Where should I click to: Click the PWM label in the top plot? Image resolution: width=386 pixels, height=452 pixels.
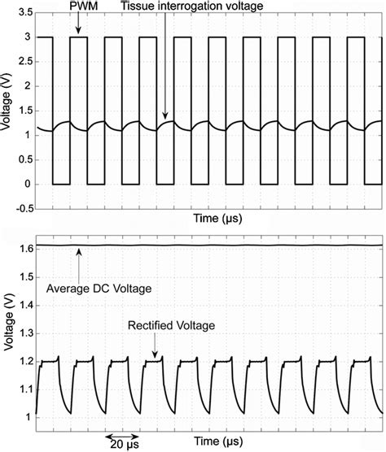[x=79, y=6]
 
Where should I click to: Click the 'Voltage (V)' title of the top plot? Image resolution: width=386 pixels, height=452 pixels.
[x=9, y=111]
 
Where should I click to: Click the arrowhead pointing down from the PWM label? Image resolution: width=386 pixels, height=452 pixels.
[x=78, y=33]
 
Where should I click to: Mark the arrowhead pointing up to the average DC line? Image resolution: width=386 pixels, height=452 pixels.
[x=79, y=251]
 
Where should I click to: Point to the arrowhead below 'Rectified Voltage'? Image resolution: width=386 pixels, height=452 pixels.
[x=155, y=354]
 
